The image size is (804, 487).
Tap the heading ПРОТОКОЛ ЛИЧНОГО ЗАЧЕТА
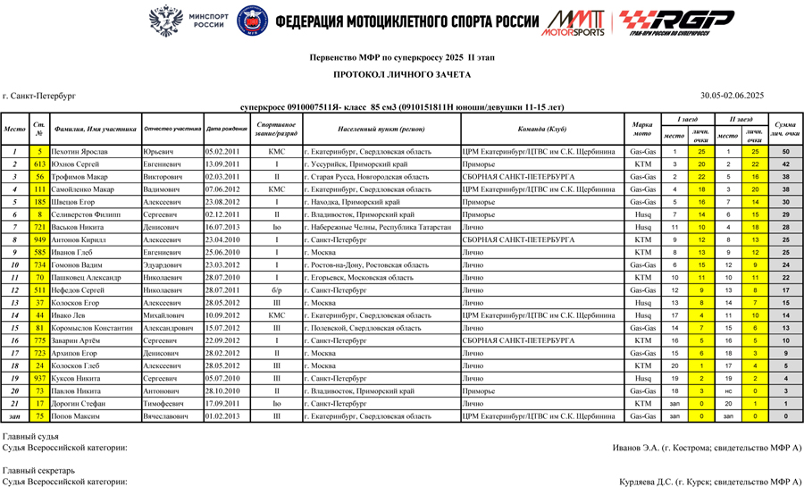(x=402, y=75)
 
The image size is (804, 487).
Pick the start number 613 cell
(x=39, y=164)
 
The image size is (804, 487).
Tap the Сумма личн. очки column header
(x=785, y=129)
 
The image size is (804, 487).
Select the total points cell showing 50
(x=785, y=152)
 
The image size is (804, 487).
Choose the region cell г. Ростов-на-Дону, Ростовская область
(x=366, y=265)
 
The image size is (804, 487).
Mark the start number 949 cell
(x=39, y=240)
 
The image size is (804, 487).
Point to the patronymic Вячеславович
(x=166, y=416)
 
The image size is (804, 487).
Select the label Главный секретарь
(x=32, y=470)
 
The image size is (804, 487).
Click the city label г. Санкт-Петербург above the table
(x=39, y=95)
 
